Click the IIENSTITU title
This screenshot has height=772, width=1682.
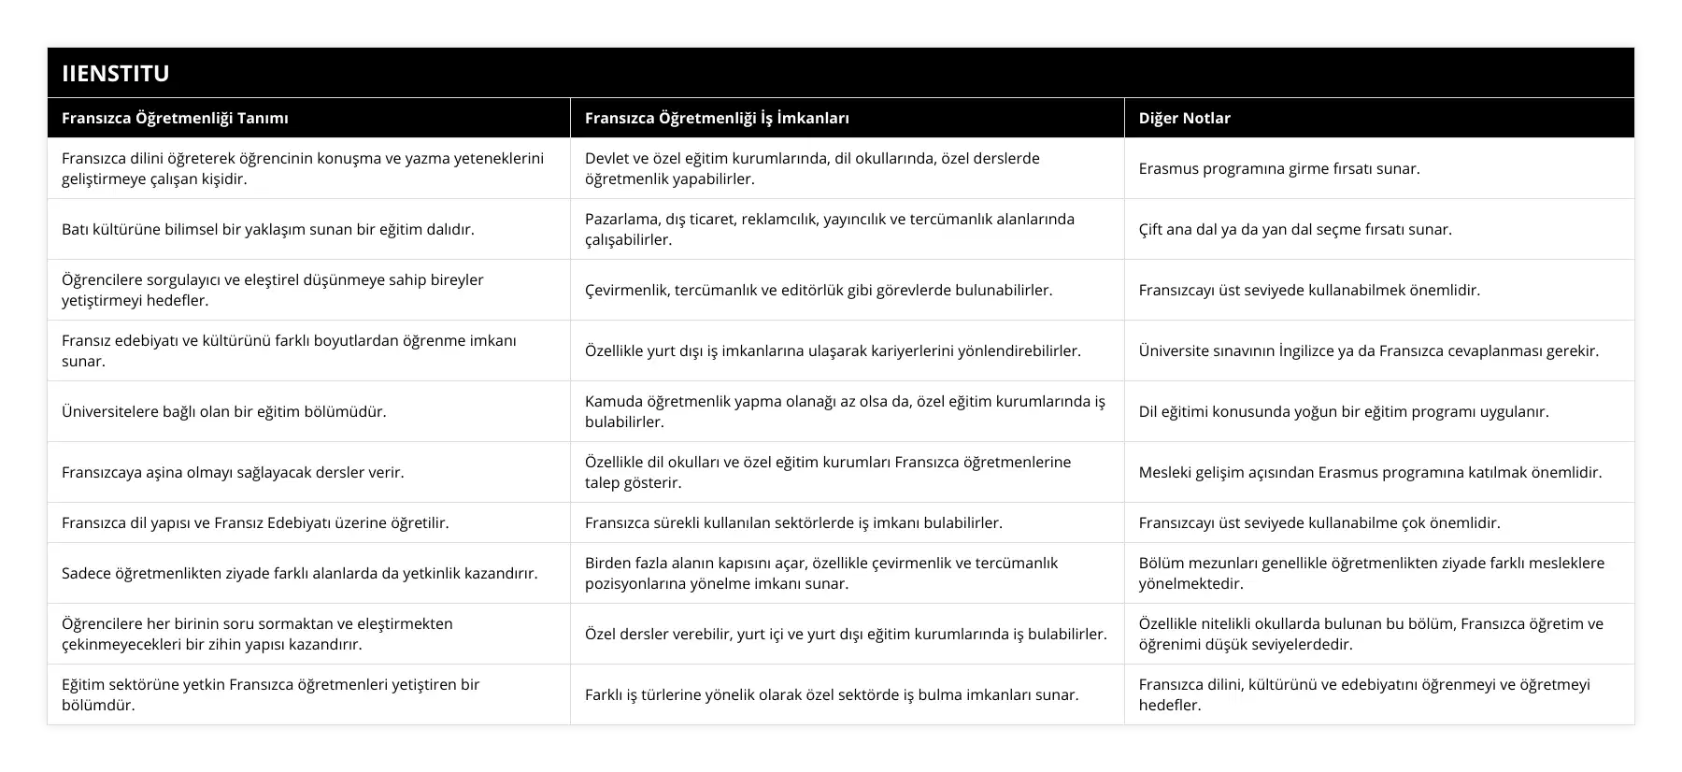tap(116, 73)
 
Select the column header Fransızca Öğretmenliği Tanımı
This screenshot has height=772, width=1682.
tap(175, 118)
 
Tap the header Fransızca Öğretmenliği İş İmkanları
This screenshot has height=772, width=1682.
tap(717, 118)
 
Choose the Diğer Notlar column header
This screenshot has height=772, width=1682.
tap(1184, 118)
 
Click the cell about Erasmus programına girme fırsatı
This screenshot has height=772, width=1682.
tap(1278, 168)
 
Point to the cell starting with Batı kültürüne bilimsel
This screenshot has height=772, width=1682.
tap(268, 229)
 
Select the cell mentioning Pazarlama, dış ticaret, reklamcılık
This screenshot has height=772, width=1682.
tap(829, 229)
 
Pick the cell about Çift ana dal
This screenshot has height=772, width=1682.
tap(1295, 229)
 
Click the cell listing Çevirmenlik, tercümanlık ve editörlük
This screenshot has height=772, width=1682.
tap(819, 290)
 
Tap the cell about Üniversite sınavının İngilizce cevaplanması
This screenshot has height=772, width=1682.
tap(1368, 350)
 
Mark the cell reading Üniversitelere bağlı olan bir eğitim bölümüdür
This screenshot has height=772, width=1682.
tap(224, 411)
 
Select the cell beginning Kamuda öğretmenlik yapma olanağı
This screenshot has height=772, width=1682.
tap(844, 411)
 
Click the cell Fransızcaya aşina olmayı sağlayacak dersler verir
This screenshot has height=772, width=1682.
tap(233, 472)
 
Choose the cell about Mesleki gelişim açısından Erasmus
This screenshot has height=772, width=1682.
tap(1370, 472)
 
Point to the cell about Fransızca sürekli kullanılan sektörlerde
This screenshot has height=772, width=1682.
tap(793, 522)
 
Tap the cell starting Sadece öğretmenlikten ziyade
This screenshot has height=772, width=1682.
tap(300, 573)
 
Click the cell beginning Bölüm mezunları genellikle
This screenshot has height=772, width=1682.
tap(1371, 573)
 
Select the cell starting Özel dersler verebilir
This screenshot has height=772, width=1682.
tap(846, 634)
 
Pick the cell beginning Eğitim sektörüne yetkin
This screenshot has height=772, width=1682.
tap(270, 694)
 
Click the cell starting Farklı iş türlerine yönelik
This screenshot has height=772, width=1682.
tap(832, 694)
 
